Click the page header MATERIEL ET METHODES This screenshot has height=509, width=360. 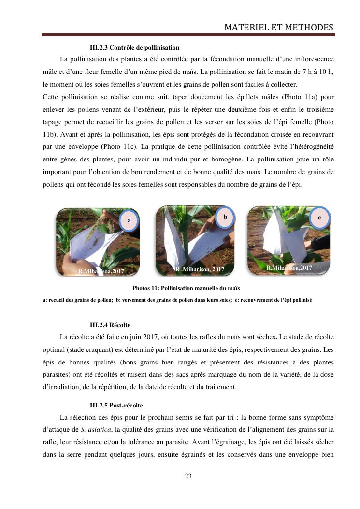279,28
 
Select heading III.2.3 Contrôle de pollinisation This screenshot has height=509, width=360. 135,48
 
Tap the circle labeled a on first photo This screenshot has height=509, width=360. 129,220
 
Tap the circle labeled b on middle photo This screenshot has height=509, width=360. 225,217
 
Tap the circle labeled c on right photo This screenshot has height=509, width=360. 319,218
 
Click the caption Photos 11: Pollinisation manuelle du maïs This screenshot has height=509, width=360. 179,288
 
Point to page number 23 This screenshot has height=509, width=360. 188,476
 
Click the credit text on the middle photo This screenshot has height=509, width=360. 200,269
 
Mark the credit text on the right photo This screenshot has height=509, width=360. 289,267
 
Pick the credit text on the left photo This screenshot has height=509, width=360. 101,271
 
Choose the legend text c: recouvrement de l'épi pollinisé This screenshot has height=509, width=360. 274,300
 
